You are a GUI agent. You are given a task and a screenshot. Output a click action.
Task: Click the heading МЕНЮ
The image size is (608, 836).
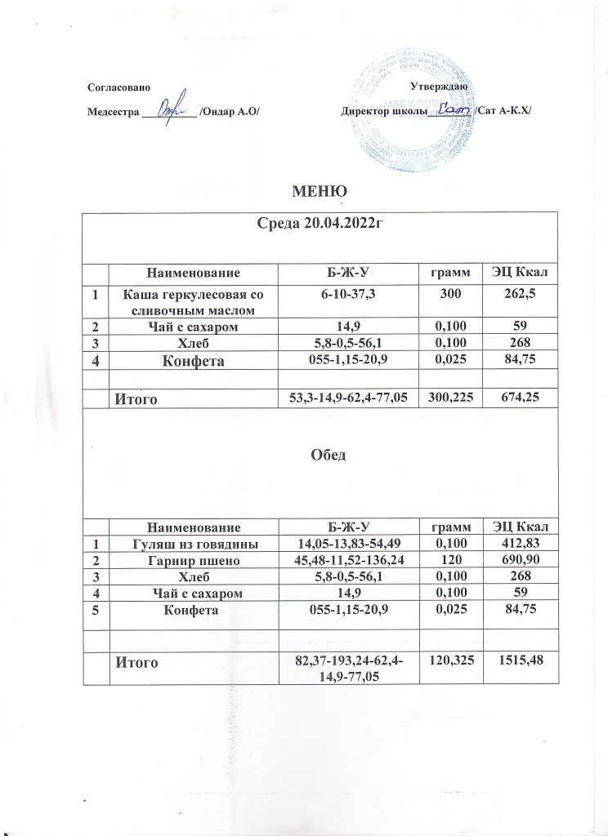(311, 192)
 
